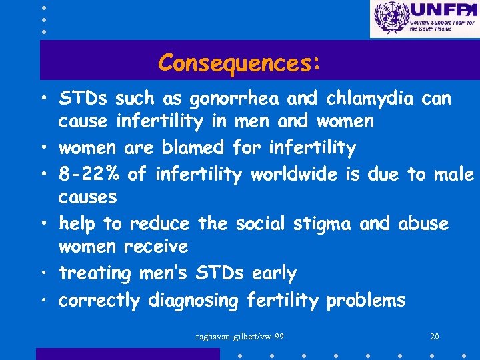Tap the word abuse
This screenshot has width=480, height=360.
423,224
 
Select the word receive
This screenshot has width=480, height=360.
156,247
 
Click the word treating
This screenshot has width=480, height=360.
95,274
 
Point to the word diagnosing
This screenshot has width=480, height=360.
193,301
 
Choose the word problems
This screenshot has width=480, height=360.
365,301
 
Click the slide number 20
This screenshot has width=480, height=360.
435,337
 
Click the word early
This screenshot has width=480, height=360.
274,274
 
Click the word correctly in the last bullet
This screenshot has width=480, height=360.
99,301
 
